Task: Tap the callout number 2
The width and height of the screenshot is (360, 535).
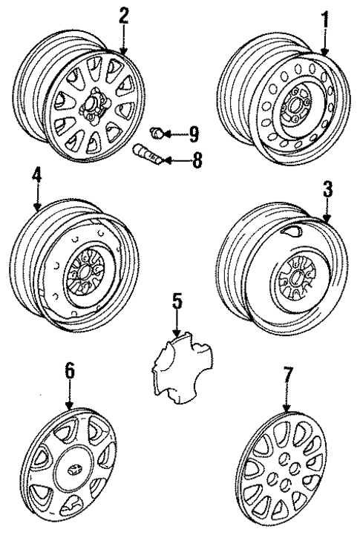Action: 123,15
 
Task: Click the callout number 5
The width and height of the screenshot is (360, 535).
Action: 176,304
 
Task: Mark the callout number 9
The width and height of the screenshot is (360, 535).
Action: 193,134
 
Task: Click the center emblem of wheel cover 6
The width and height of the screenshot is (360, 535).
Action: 71,471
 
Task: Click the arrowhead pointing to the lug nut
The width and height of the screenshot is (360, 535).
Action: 169,134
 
